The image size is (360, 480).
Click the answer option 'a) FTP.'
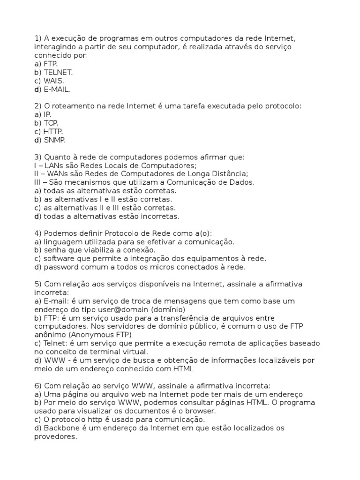click(x=45, y=64)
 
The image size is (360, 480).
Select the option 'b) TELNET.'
click(x=53, y=72)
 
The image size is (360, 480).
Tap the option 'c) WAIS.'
click(x=49, y=81)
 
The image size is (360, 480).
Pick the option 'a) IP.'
click(x=43, y=114)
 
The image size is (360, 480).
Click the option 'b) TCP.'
click(x=46, y=123)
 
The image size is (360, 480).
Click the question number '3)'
click(x=38, y=157)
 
